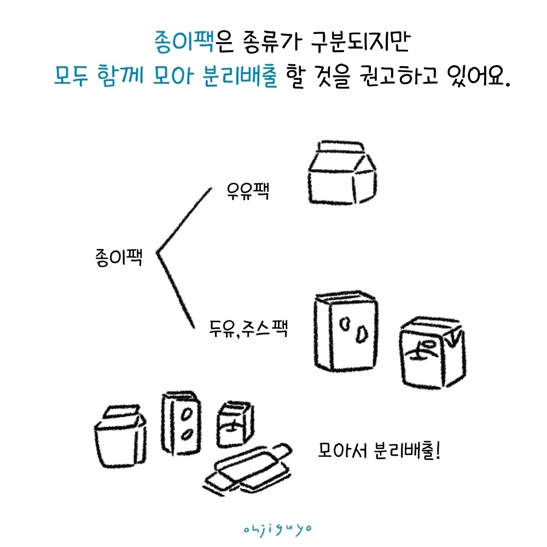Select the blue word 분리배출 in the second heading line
click(x=240, y=75)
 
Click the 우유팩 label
click(x=248, y=191)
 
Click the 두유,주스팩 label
click(x=248, y=328)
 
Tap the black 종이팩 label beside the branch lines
click(x=119, y=258)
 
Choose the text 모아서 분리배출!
click(x=379, y=450)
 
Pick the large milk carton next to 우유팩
click(x=342, y=173)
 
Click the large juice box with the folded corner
click(x=433, y=352)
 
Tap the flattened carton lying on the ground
click(x=248, y=469)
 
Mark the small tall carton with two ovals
click(x=182, y=423)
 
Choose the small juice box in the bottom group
click(x=235, y=424)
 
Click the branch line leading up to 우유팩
click(x=184, y=220)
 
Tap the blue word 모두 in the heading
click(x=71, y=75)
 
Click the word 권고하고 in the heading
click(x=399, y=75)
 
